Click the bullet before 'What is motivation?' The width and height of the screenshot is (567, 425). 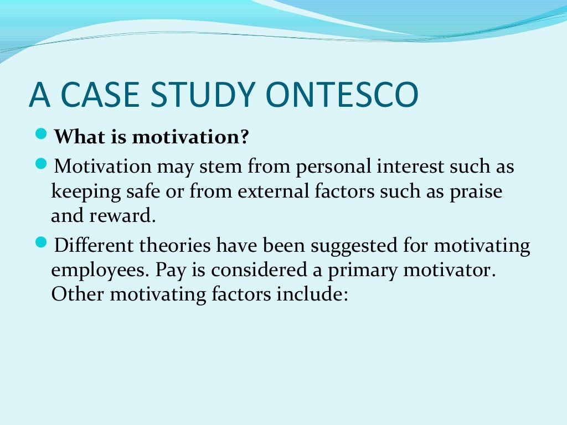pos(45,134)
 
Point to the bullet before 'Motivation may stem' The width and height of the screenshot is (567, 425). pos(45,164)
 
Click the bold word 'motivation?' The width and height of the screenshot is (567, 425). pos(190,137)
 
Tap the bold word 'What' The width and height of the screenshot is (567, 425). pos(76,137)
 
